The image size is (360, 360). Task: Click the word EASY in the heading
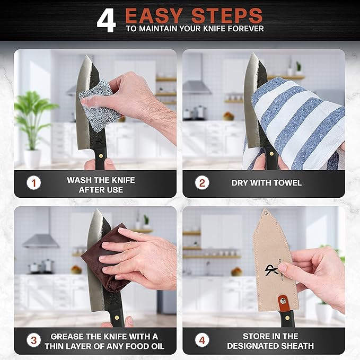(x=155, y=15)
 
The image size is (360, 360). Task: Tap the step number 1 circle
(x=34, y=184)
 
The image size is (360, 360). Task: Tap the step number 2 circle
(x=202, y=183)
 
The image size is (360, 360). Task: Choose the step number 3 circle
(x=34, y=340)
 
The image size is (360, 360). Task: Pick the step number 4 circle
(x=202, y=340)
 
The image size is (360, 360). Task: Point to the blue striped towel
(x=297, y=122)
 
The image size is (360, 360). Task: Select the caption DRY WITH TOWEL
(x=266, y=183)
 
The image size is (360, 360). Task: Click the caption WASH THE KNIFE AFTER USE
(x=101, y=185)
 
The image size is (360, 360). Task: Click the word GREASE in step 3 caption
(x=68, y=336)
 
